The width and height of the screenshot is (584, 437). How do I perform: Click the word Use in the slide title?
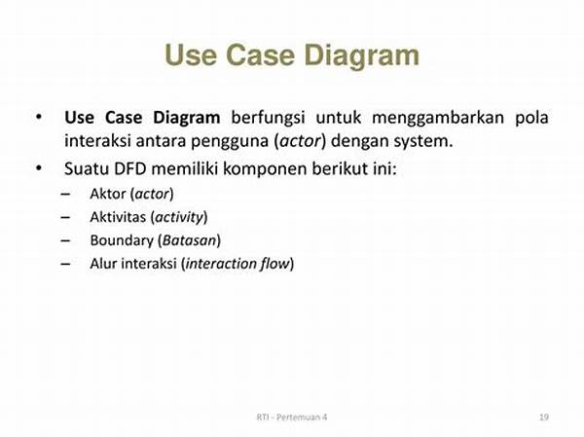click(x=191, y=55)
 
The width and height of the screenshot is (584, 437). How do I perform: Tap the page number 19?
click(x=544, y=417)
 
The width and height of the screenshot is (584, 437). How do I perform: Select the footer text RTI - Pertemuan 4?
click(x=292, y=417)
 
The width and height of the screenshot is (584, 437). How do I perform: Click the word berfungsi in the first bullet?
click(x=268, y=118)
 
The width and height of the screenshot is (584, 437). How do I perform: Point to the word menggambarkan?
click(x=438, y=119)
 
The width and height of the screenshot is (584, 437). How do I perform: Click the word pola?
click(x=531, y=119)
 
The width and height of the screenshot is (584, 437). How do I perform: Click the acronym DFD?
click(x=130, y=168)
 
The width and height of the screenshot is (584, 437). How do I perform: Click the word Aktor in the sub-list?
click(x=108, y=194)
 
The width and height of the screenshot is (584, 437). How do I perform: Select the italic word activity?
click(x=179, y=217)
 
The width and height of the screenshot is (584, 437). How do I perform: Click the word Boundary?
click(x=122, y=240)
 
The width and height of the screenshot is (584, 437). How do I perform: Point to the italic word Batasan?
click(x=189, y=240)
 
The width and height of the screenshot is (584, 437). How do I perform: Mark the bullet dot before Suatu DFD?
click(x=39, y=168)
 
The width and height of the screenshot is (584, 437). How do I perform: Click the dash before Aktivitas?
click(x=65, y=218)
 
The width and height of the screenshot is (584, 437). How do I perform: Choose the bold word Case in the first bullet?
click(x=124, y=118)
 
